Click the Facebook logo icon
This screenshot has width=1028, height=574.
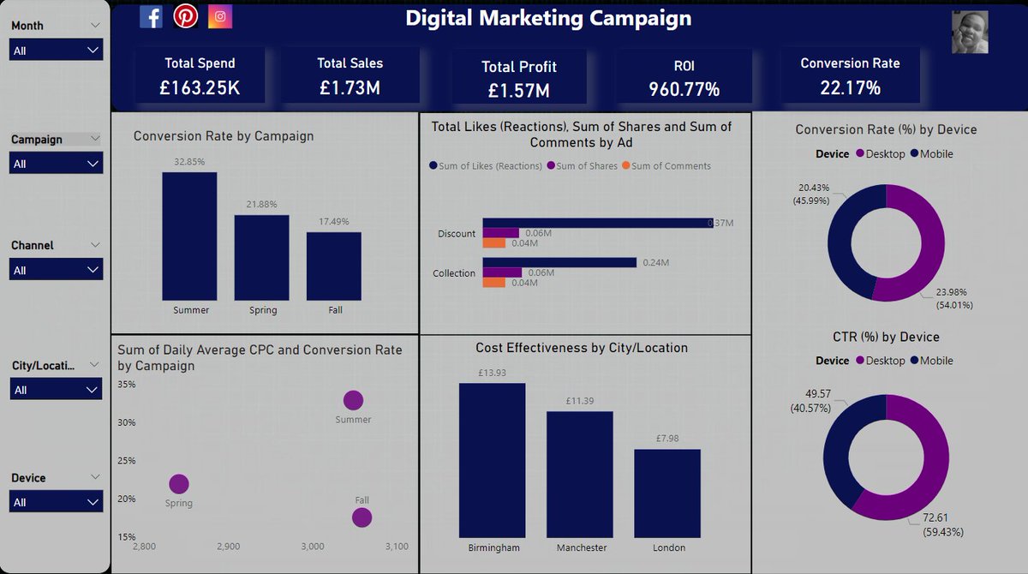coord(151,16)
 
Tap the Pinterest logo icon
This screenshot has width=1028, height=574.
coord(185,16)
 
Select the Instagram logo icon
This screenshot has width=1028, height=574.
coord(220,16)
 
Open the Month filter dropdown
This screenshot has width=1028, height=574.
coord(57,51)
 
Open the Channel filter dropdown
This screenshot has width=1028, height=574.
coord(57,270)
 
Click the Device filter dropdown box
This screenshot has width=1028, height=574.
coord(57,502)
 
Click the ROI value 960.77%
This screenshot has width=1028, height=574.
coord(684,89)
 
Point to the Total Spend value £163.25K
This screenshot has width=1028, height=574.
coord(200,87)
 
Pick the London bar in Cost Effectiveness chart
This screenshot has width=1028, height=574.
coord(666,493)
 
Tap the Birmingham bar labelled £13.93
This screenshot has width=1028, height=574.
coord(492,460)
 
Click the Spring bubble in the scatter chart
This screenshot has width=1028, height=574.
coord(178,484)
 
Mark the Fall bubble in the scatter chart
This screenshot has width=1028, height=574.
coord(362,517)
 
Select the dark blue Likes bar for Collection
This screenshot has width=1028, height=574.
coord(559,262)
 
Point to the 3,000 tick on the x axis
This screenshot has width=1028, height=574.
coord(313,547)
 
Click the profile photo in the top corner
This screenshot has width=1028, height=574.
coord(970,33)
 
